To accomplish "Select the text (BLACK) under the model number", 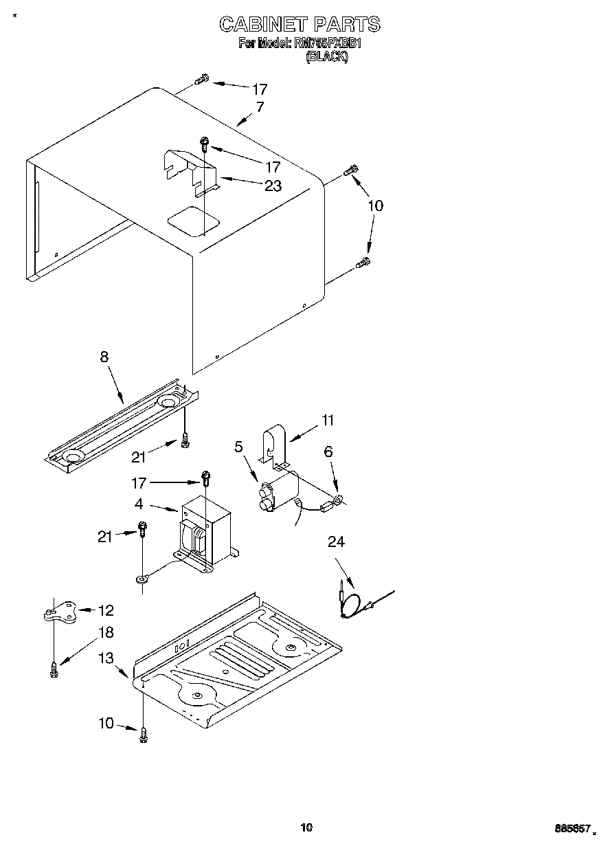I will coord(327,57).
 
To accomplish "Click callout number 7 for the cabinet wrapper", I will coord(260,107).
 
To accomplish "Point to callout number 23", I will coord(273,186).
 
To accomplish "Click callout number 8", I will coord(104,357).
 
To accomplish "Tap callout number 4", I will coord(139,504).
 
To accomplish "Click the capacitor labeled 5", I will coord(279,491).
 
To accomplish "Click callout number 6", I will coord(328,451).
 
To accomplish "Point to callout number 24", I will coord(336,542).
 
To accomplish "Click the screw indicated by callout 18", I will coord(54,668).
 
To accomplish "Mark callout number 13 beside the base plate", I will coord(106,658).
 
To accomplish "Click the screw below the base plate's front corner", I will coord(144,734).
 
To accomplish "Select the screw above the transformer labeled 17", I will coord(205,476).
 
